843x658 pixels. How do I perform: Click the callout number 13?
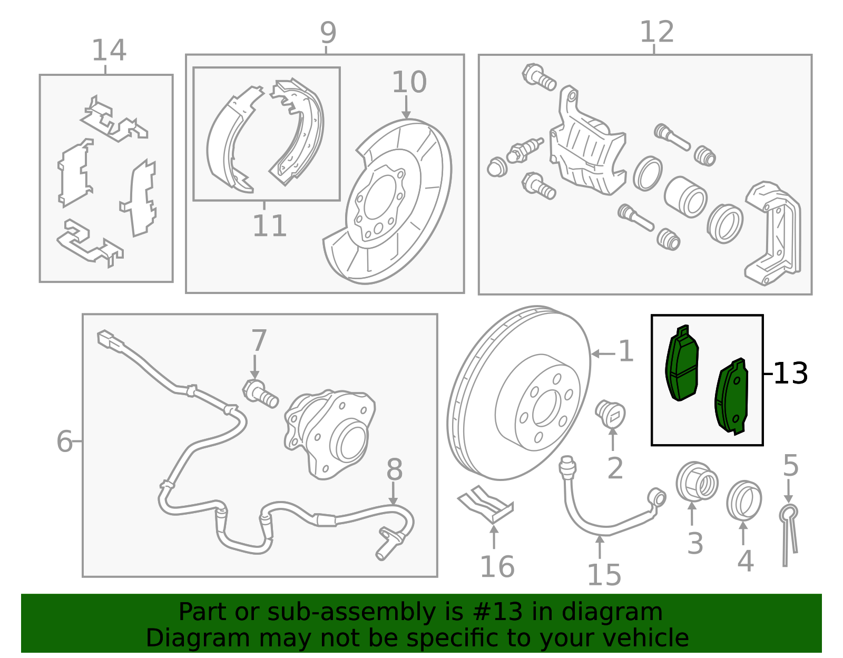(790, 374)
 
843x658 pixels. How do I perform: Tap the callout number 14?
(109, 51)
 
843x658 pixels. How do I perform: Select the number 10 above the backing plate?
(409, 83)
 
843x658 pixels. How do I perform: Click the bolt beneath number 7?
(260, 393)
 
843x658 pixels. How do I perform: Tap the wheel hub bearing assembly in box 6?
(329, 432)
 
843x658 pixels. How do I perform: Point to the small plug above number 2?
(610, 414)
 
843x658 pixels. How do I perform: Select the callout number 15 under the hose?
(604, 575)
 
